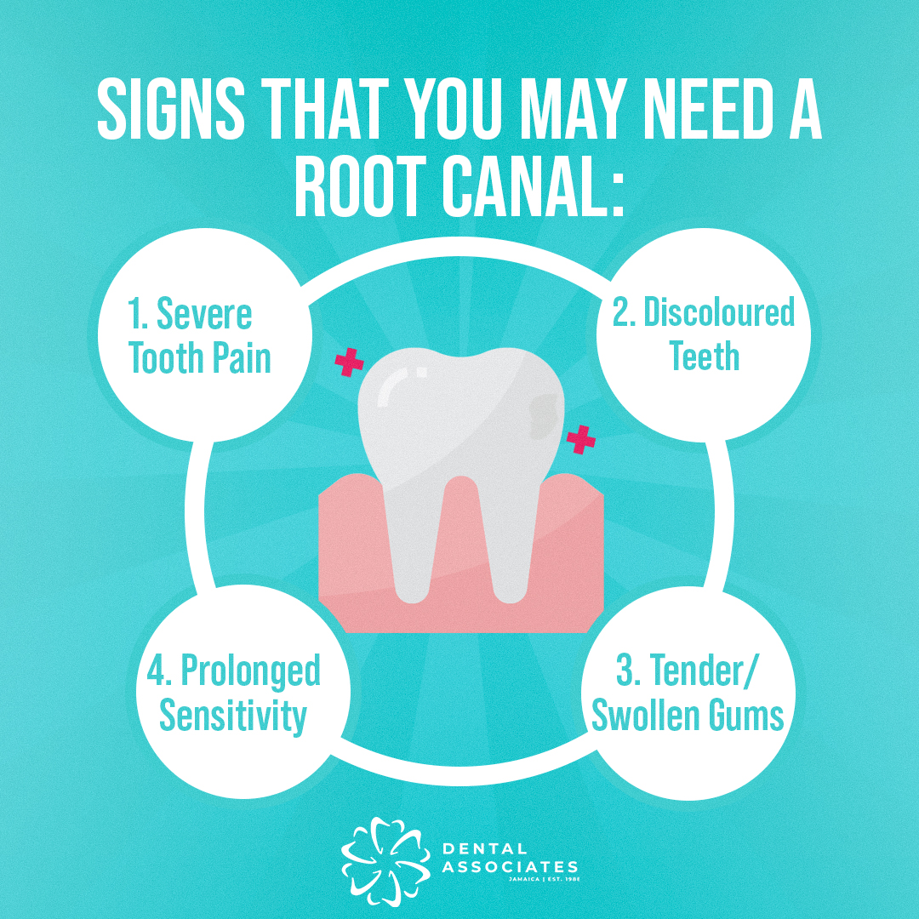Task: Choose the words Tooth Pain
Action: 199,359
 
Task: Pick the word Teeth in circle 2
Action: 704,357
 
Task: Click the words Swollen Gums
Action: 688,716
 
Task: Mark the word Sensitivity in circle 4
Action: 232,716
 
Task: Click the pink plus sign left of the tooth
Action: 349,362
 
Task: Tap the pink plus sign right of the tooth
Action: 581,440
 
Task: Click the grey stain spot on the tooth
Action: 539,415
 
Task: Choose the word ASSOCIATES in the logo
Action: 509,866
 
